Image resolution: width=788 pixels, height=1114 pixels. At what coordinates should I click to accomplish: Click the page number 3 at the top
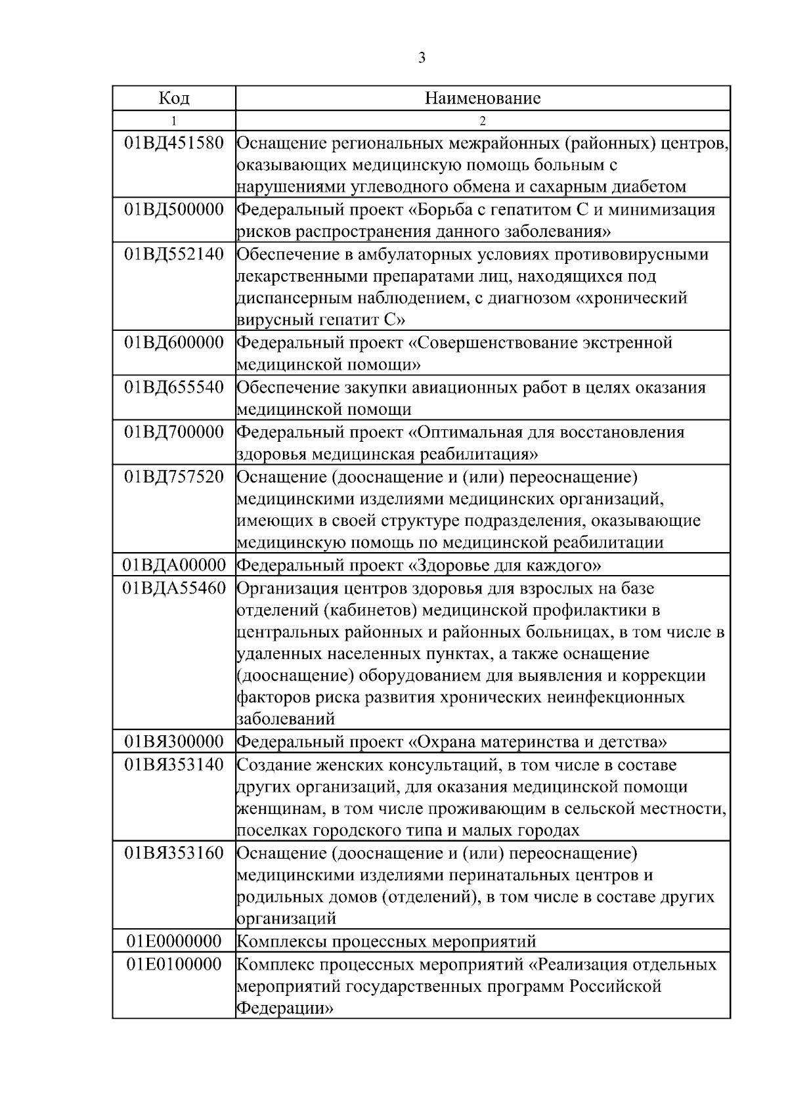422,58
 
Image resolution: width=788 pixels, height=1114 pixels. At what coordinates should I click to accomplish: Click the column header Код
174,98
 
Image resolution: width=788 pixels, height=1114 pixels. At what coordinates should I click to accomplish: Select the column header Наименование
483,98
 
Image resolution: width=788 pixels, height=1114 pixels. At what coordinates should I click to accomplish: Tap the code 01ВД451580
174,142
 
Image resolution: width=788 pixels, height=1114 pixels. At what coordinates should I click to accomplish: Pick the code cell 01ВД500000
174,209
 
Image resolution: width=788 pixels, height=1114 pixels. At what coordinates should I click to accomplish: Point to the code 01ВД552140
174,254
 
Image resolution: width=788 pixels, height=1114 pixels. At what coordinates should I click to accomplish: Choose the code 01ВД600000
174,343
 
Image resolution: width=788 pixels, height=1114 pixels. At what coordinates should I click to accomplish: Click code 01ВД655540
174,387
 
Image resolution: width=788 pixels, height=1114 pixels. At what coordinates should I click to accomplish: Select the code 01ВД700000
174,432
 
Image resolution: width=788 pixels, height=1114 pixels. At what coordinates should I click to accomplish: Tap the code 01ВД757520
174,477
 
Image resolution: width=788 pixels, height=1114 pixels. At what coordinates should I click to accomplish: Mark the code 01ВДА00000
174,565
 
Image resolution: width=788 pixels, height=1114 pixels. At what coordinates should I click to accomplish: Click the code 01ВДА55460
174,588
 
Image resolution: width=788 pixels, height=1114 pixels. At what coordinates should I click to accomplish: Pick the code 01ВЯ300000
174,742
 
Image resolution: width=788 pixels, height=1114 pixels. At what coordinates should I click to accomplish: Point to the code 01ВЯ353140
174,765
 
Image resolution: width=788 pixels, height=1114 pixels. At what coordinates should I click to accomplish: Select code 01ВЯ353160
174,853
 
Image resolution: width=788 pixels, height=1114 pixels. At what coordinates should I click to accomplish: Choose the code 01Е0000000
174,941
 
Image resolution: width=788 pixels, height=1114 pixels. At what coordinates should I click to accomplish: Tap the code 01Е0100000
174,964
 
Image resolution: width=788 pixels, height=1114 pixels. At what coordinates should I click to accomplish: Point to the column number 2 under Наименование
483,121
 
